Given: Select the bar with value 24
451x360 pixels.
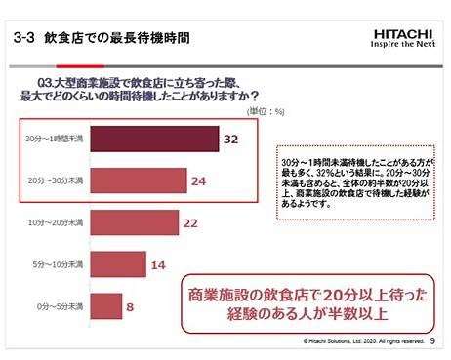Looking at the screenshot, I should click(x=138, y=180).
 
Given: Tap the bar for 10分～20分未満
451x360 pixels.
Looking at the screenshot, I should click(x=135, y=223).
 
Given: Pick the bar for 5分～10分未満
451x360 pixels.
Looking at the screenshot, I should click(x=119, y=264).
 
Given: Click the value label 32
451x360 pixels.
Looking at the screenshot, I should click(x=230, y=140).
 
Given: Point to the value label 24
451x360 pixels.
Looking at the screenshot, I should click(x=197, y=180).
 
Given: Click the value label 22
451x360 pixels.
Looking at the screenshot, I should click(x=191, y=223).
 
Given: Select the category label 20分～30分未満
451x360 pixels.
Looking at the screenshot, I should click(x=56, y=180).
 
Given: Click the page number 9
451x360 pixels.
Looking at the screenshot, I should click(x=432, y=341).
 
